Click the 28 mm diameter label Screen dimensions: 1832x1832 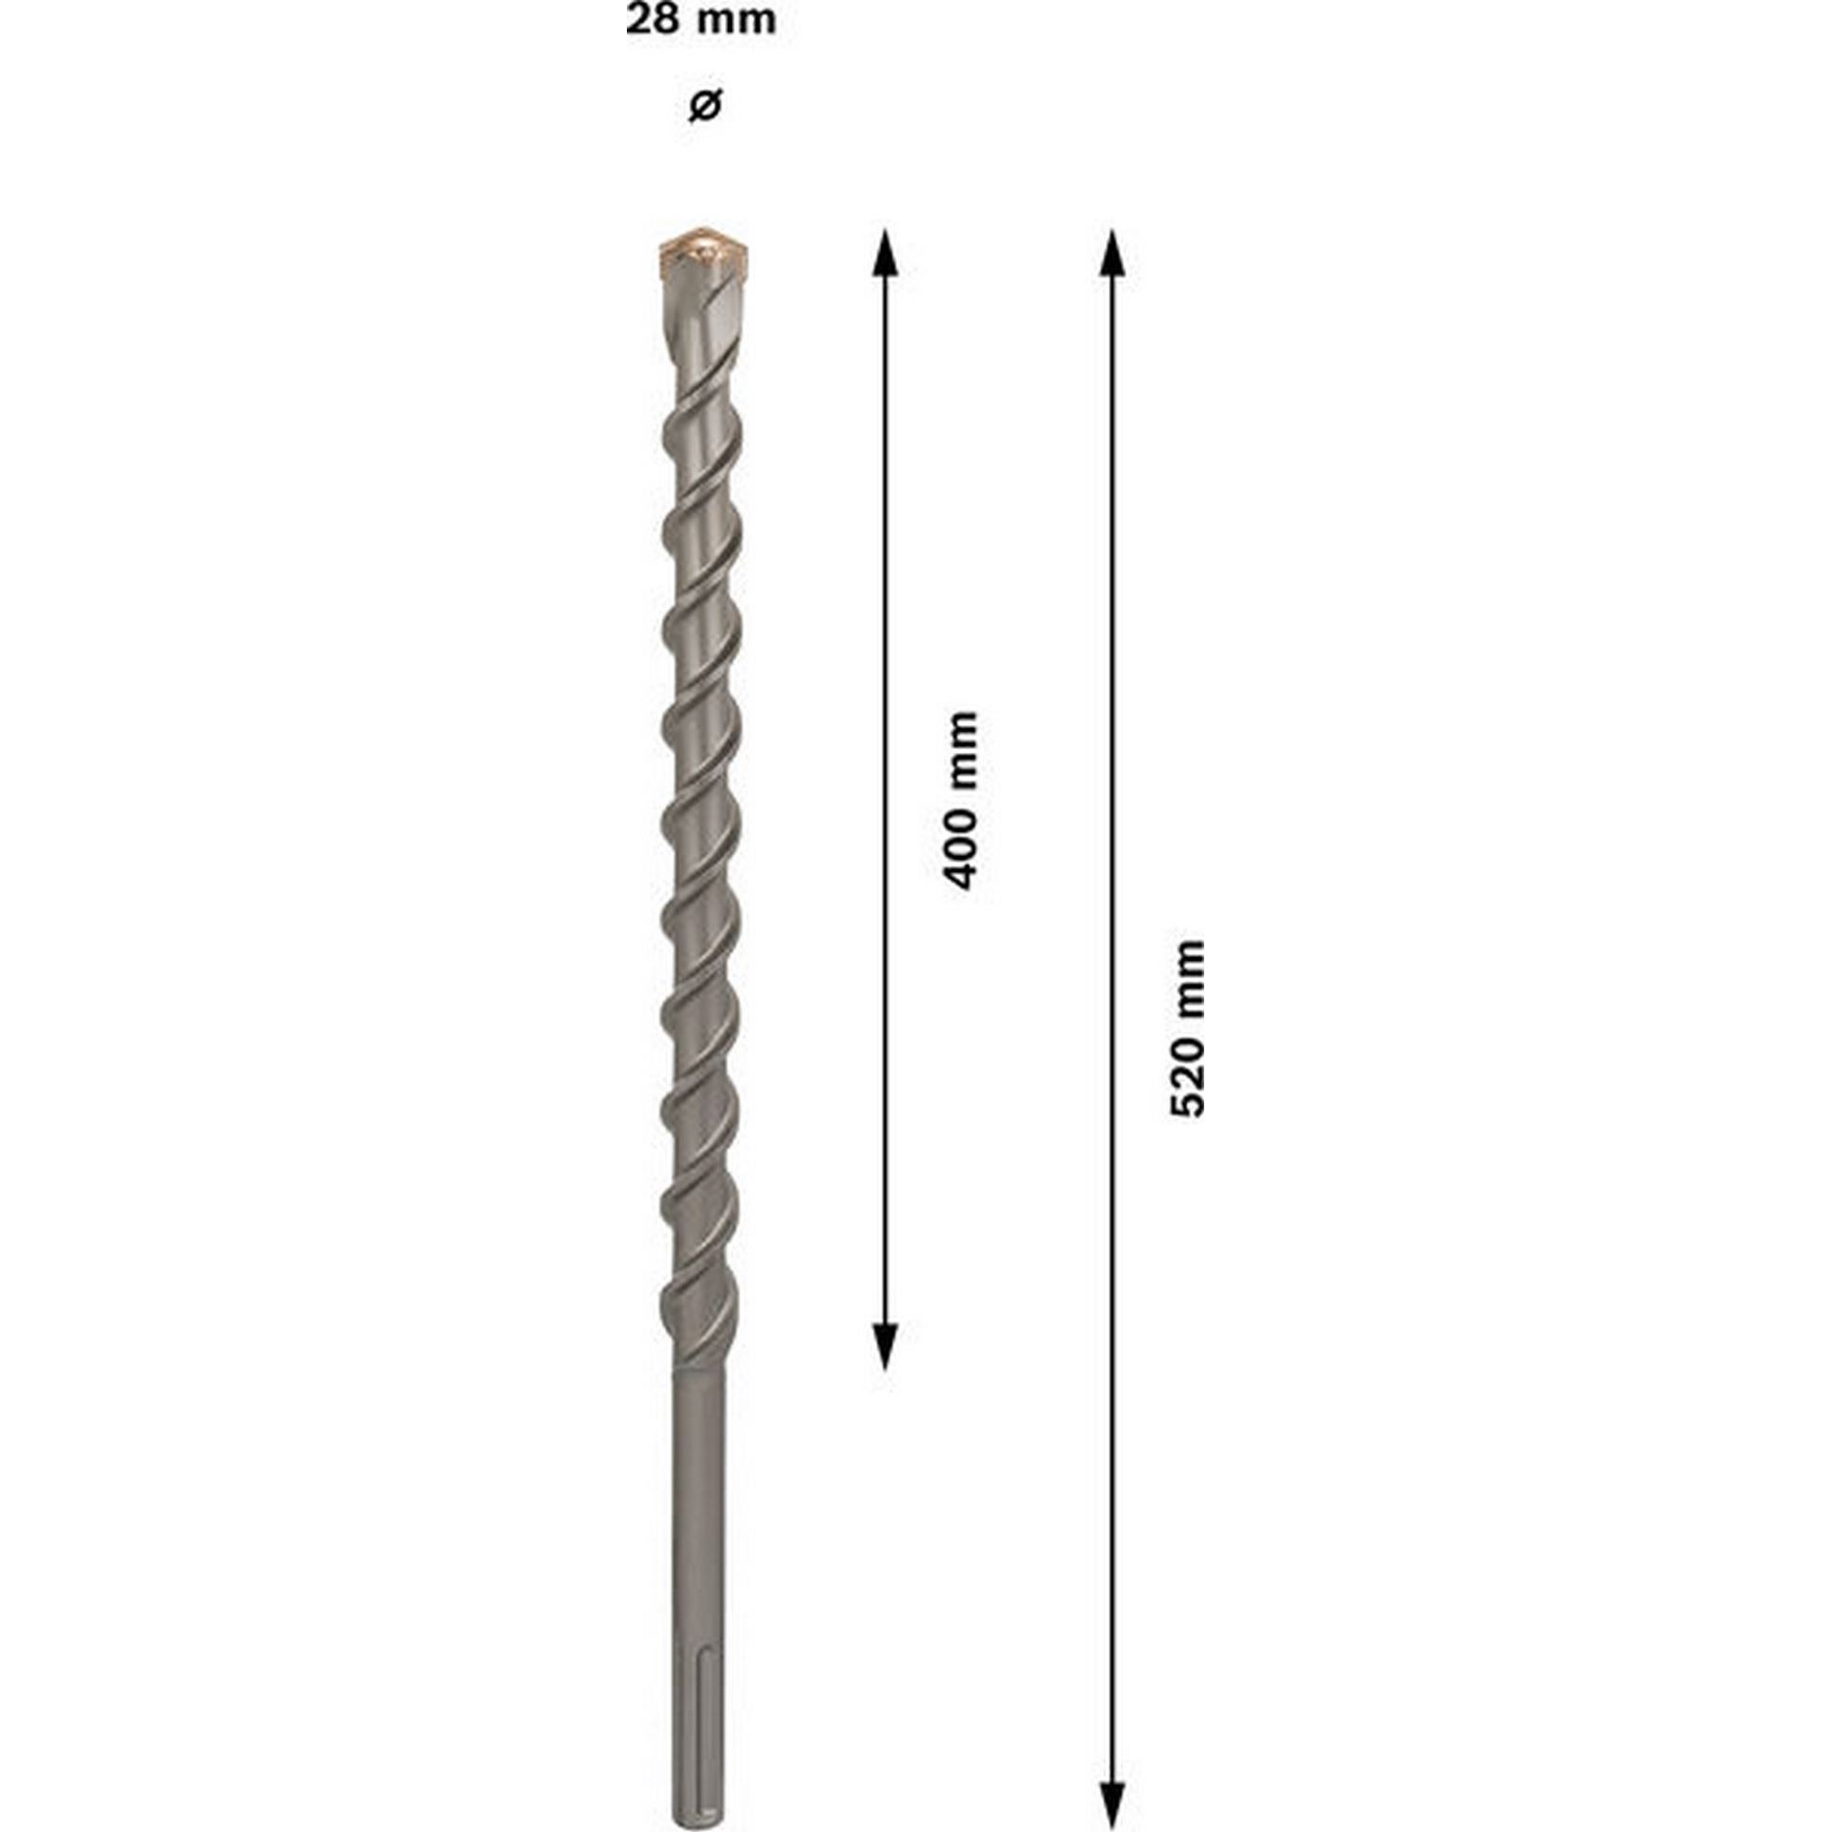coord(700,20)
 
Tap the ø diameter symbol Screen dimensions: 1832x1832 coord(704,105)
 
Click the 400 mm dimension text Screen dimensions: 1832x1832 coord(960,800)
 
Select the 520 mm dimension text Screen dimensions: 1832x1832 coord(1189,1029)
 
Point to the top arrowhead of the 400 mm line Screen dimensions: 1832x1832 coord(886,254)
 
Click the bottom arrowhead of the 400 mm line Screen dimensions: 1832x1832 coord(886,1345)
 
